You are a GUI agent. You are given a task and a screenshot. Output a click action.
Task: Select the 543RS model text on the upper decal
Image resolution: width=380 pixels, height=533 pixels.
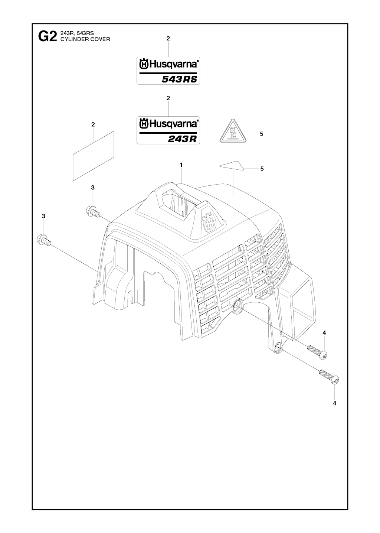[x=180, y=79]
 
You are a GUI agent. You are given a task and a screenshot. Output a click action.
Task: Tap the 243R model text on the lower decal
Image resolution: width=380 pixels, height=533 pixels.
[x=182, y=139]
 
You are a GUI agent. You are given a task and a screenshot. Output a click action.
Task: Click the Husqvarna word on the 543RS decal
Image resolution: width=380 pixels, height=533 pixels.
[x=173, y=65]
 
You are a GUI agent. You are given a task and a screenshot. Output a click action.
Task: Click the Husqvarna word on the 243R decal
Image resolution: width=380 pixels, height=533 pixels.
[x=173, y=124]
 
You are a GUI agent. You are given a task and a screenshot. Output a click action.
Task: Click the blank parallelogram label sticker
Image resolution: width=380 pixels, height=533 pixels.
[x=94, y=156]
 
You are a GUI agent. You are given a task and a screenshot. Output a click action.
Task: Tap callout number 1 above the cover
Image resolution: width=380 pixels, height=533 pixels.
[x=181, y=165]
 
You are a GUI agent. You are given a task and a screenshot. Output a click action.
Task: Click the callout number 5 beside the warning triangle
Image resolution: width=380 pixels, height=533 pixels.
[x=261, y=134]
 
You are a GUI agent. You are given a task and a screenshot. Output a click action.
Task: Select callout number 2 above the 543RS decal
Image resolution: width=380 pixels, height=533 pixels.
[x=168, y=38]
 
